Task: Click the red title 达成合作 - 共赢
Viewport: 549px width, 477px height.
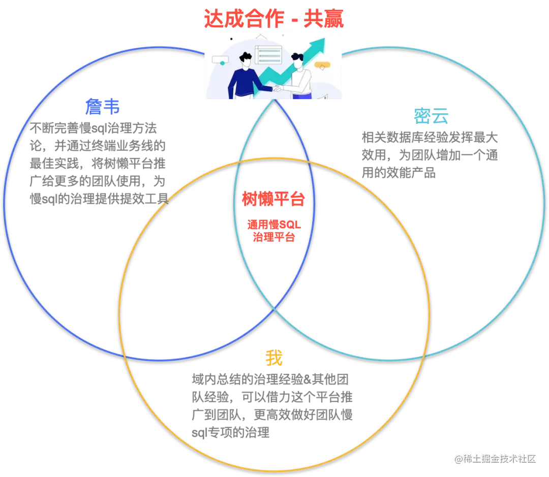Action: [x=274, y=19]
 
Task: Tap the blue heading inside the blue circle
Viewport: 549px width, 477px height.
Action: [x=103, y=107]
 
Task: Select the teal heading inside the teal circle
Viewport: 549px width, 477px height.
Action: [x=431, y=117]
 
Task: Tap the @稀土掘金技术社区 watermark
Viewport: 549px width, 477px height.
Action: [x=495, y=458]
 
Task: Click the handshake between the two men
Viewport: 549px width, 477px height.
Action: [x=277, y=89]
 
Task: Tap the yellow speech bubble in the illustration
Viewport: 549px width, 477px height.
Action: [x=322, y=65]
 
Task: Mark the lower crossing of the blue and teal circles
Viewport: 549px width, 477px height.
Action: [x=275, y=306]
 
